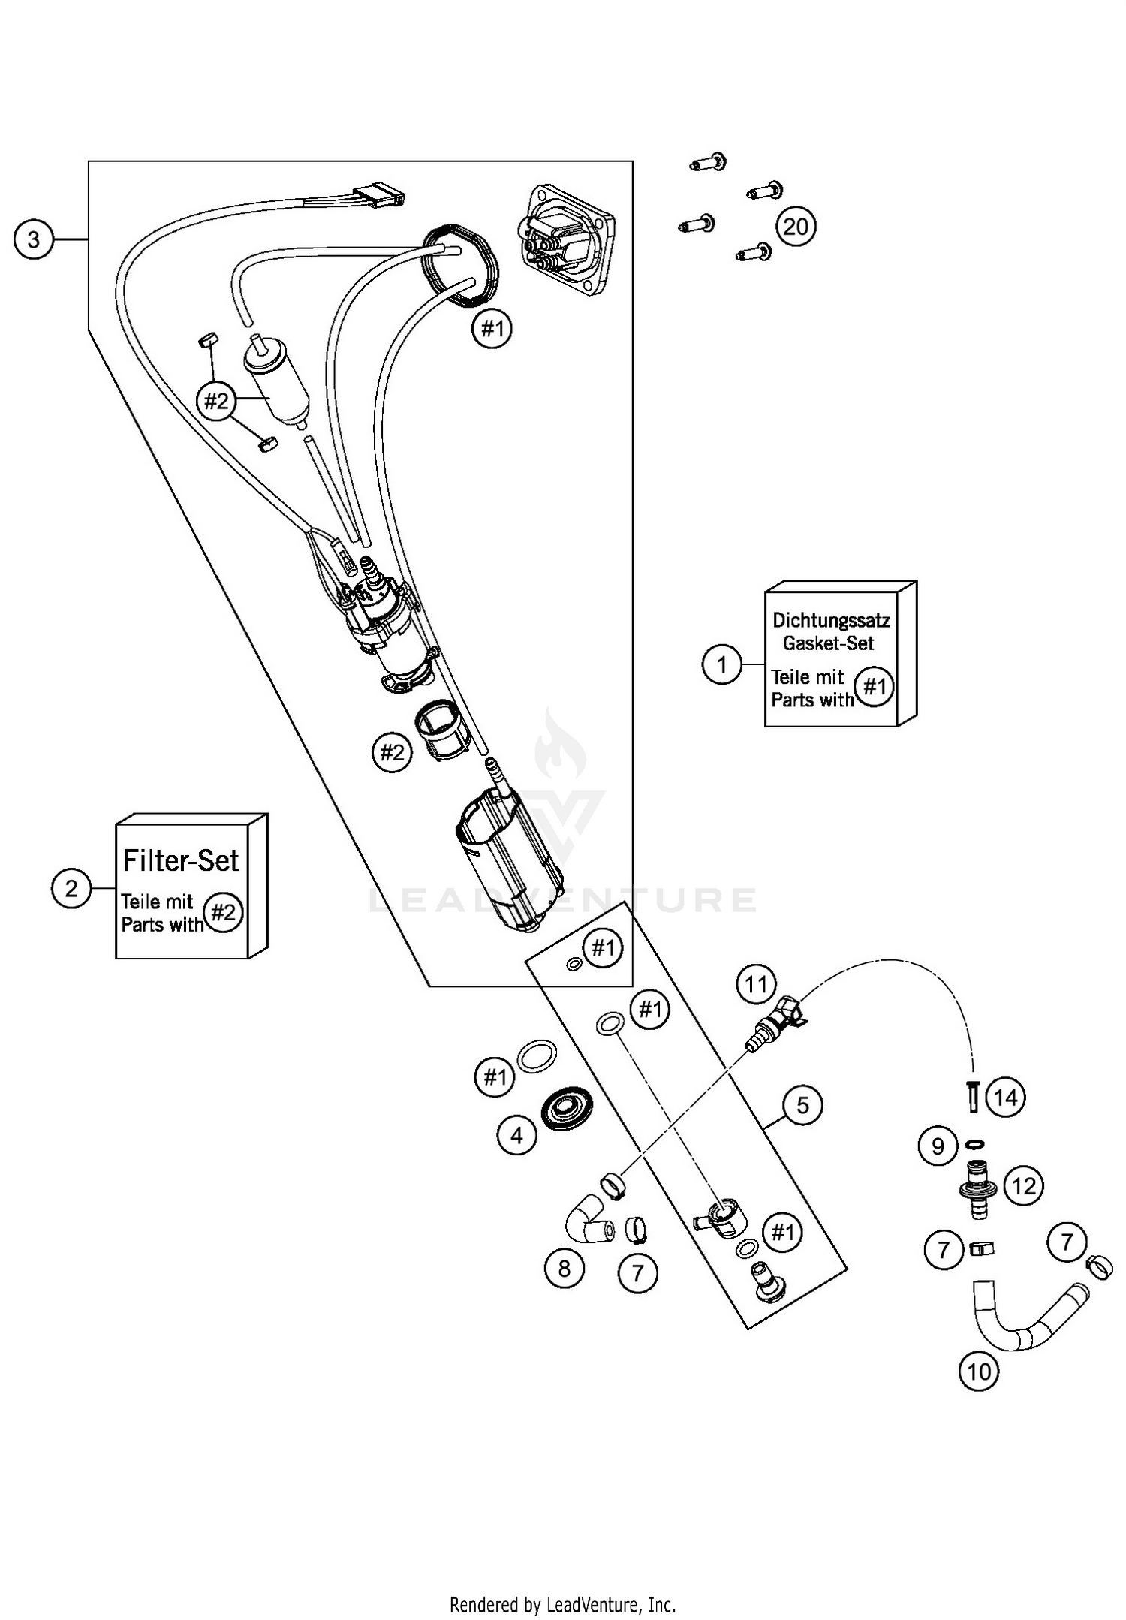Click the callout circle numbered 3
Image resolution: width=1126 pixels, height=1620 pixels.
point(33,239)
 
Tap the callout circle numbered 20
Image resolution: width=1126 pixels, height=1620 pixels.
point(796,226)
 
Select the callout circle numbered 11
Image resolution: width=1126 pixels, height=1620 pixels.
point(756,984)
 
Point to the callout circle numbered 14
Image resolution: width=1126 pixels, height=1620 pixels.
point(1005,1098)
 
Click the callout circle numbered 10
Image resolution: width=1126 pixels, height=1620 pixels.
point(979,1372)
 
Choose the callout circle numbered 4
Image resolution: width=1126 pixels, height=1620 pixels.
point(516,1136)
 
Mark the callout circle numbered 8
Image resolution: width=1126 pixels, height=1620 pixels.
point(564,1269)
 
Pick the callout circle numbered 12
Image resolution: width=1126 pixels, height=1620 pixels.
point(1024,1186)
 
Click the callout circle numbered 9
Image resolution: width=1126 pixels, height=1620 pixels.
point(938,1146)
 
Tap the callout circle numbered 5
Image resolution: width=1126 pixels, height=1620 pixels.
point(802,1105)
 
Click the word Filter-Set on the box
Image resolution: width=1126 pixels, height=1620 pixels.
point(181,860)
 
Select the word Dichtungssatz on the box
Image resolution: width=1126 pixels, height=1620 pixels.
point(831,621)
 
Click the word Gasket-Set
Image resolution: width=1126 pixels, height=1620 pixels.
point(828,643)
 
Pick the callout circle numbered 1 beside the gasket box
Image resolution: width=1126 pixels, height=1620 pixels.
point(721,664)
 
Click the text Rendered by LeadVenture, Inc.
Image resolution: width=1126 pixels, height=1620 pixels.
point(562,1605)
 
